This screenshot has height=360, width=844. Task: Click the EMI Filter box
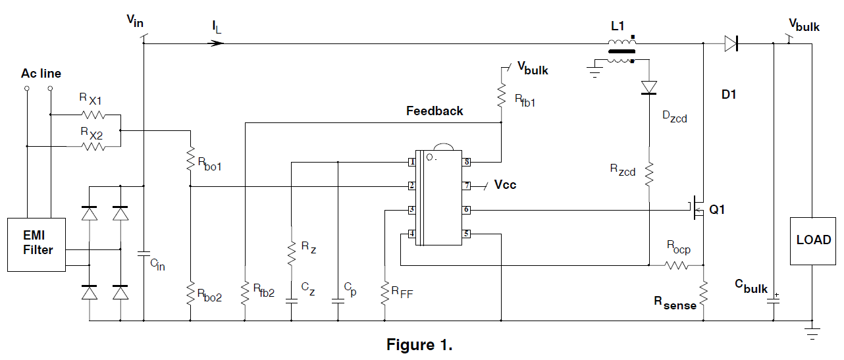point(36,244)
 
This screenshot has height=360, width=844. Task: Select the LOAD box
point(813,240)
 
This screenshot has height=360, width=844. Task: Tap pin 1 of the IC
point(411,162)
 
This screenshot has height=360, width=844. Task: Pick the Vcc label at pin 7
point(505,185)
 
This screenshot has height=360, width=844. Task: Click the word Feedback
point(435,111)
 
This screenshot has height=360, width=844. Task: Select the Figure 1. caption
point(419,345)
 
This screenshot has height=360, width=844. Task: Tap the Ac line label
point(41,74)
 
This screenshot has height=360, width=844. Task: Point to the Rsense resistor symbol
point(703,294)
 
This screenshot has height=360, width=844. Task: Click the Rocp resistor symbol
point(676,265)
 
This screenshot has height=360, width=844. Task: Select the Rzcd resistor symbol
point(649,174)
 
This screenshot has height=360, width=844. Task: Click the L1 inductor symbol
point(621,51)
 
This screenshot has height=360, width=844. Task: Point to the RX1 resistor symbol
point(93,115)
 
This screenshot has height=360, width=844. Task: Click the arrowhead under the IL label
point(218,43)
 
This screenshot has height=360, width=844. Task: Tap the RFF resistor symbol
point(384,293)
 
